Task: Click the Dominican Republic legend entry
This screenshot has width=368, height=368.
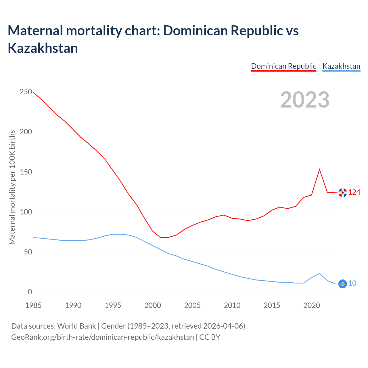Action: (x=283, y=66)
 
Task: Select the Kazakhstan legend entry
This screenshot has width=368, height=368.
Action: (x=341, y=66)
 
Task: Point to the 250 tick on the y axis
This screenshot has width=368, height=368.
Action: (x=26, y=92)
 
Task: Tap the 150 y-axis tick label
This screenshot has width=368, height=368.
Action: (x=26, y=172)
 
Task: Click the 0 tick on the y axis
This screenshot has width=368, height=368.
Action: (x=30, y=292)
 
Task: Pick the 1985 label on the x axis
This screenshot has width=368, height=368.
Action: (x=33, y=305)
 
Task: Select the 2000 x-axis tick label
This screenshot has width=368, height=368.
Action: (x=153, y=305)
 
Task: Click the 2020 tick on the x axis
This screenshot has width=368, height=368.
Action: (x=312, y=305)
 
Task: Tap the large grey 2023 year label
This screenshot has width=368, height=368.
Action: (x=305, y=100)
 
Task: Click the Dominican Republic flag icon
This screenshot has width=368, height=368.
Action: (x=342, y=193)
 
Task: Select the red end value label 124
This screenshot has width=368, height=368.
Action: (x=354, y=192)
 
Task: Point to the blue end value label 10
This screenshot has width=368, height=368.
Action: (x=352, y=283)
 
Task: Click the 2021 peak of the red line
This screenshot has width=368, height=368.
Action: (x=319, y=169)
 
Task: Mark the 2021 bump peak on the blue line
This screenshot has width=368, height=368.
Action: (x=319, y=273)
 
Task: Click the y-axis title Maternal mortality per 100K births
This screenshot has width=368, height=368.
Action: (x=12, y=187)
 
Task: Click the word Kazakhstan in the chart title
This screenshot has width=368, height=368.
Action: (x=43, y=48)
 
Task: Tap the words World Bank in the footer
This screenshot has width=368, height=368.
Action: (x=76, y=326)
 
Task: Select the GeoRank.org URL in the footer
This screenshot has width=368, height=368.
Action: (x=102, y=337)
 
